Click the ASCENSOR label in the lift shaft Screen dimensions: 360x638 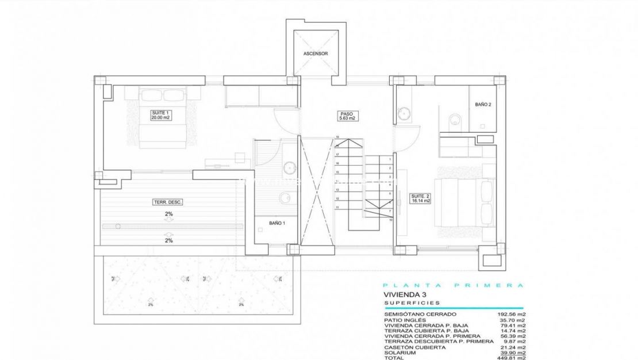pyautogui.click(x=316, y=53)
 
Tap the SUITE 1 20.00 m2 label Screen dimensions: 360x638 pyautogui.click(x=161, y=115)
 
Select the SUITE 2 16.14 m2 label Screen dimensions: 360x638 pyautogui.click(x=420, y=199)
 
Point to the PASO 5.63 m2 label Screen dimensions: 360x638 pyautogui.click(x=346, y=116)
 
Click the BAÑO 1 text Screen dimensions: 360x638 pyautogui.click(x=277, y=223)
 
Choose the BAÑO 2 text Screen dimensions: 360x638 pyautogui.click(x=483, y=105)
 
